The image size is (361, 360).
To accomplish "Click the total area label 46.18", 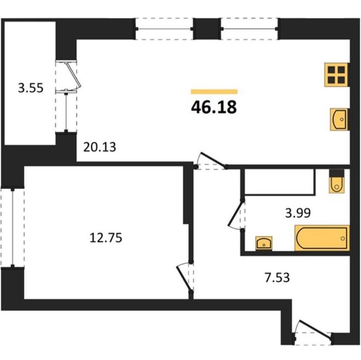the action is tap(214, 107).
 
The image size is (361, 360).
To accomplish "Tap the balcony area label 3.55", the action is tap(31, 88).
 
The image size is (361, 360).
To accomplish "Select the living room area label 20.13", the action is tap(99, 147).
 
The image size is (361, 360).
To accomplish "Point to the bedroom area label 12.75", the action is tap(105, 238).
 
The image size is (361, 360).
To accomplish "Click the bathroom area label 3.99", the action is tap(298, 213).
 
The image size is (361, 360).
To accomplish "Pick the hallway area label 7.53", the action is tap(277, 277).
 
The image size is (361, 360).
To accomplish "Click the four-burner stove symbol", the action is tap(336, 75).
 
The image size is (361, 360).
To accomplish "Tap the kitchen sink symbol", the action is tap(339, 119).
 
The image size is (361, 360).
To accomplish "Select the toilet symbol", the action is tap(337, 181).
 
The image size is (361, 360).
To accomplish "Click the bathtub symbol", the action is tap(322, 238).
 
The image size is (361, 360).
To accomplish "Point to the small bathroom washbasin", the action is tap(264, 243).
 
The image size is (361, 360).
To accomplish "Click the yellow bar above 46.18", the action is tap(214, 92).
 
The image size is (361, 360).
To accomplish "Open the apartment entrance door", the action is tap(313, 332).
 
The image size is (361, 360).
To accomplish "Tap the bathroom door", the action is tap(236, 214).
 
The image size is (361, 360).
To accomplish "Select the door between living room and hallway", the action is tap(211, 160).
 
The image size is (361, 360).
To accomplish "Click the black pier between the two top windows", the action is tap(207, 29).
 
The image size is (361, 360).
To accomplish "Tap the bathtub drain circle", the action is tap(343, 239).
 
